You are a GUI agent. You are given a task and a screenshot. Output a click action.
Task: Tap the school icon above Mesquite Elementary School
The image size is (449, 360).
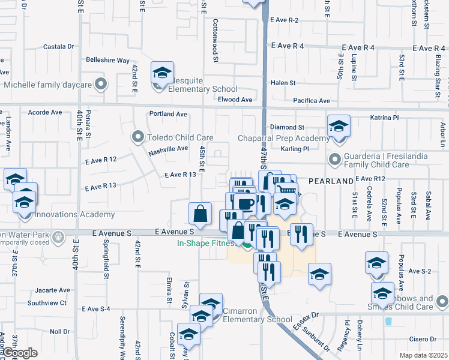162,73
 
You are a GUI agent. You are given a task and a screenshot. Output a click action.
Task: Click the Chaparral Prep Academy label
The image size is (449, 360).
285,139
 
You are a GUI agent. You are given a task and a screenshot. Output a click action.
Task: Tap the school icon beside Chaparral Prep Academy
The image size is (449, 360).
339,127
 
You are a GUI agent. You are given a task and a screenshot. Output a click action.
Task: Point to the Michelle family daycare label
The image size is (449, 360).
47,85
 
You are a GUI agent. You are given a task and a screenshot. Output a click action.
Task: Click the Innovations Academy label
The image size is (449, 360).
74,214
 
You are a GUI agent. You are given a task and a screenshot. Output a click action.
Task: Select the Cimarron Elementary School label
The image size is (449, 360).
257,315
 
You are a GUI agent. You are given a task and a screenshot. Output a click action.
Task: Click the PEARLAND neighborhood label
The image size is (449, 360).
330,181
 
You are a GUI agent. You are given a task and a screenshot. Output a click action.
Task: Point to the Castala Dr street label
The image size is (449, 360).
59,46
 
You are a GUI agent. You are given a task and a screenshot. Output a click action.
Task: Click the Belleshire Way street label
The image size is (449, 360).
108,61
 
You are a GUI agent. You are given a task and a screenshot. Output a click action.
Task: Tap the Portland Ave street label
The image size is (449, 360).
169,114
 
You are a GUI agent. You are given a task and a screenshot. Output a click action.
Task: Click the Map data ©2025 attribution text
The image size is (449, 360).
423,355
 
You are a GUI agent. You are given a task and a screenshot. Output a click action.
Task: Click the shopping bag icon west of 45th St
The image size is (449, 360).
200,213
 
